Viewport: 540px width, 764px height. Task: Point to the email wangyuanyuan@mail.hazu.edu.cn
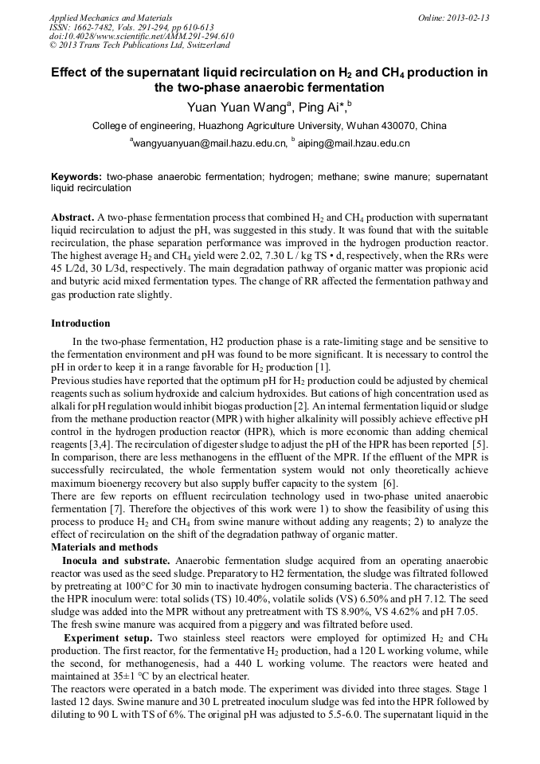(x=209, y=143)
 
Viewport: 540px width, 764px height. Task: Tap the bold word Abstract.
(x=72, y=217)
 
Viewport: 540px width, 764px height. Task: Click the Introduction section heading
(x=80, y=323)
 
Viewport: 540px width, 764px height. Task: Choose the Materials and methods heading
(x=104, y=547)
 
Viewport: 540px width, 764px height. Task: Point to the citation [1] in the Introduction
(x=322, y=366)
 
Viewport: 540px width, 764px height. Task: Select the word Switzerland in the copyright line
(x=202, y=45)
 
